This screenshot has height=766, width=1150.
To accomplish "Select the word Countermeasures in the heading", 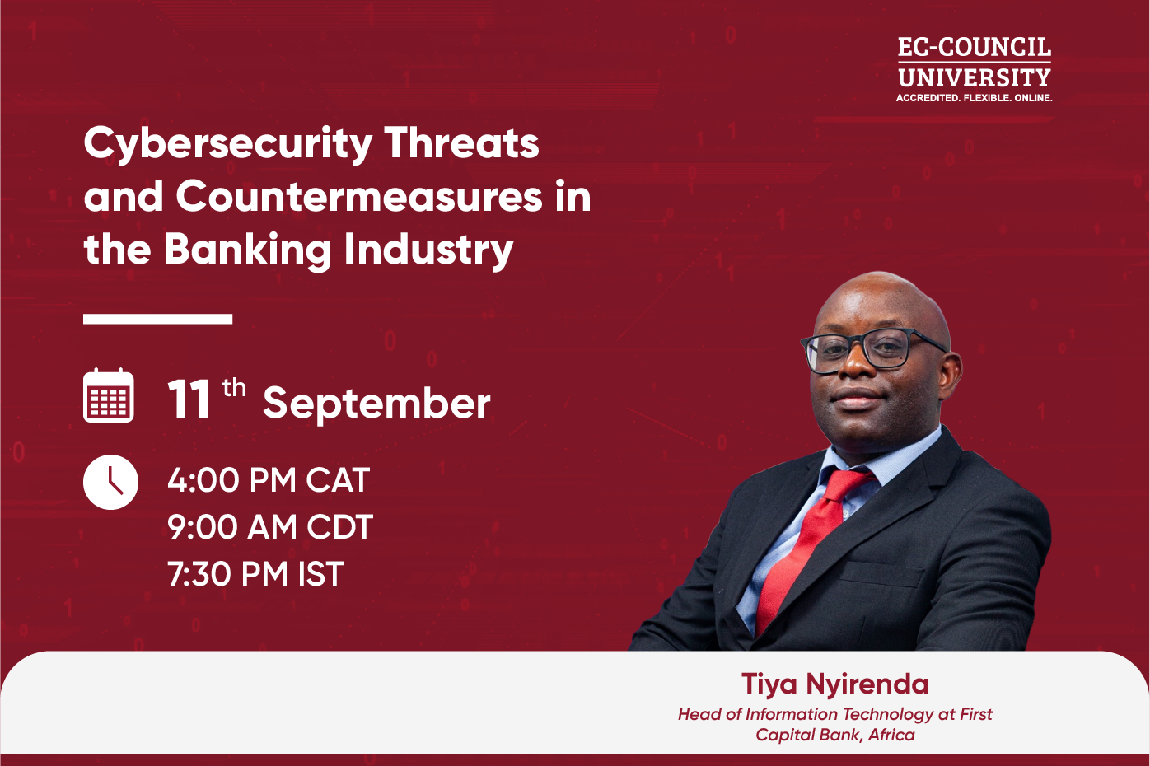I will (358, 198).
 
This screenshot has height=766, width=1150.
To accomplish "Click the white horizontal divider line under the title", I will (157, 319).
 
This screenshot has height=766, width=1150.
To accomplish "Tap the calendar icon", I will (109, 396).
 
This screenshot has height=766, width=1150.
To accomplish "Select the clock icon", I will (110, 482).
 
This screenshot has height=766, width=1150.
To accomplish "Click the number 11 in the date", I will (189, 401).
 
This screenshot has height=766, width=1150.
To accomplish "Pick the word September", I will (376, 404).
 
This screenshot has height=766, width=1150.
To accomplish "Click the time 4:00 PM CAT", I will (269, 480).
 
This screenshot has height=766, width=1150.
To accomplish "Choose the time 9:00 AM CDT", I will (270, 527).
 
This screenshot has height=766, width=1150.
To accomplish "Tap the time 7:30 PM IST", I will (255, 574).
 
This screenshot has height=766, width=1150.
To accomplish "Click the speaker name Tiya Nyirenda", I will (834, 684).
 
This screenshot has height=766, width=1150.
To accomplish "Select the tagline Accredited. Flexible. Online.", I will (974, 98).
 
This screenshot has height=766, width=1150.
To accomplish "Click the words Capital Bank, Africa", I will (834, 735).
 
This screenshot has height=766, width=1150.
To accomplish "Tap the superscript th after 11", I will (234, 387).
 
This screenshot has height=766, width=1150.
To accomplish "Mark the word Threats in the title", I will (461, 143).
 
